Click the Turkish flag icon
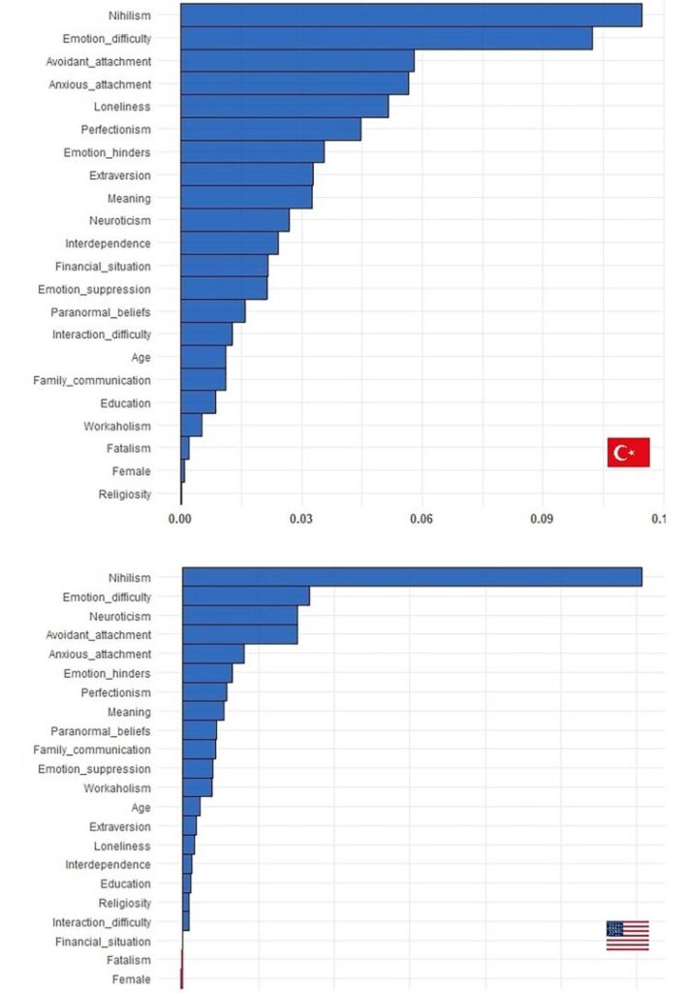tap(628, 452)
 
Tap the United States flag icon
tap(627, 935)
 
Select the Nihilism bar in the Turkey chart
tap(411, 16)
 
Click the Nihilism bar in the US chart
tap(412, 577)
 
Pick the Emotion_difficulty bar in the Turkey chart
tap(386, 39)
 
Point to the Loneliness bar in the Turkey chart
tap(284, 107)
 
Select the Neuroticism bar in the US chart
tap(239, 616)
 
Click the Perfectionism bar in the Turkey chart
tap(270, 129)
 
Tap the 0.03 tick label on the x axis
tap(300, 521)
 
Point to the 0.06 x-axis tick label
tap(421, 521)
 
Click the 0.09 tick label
tap(542, 521)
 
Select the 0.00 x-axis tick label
tap(180, 521)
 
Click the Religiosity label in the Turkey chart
tap(125, 495)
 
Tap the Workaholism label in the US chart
tap(117, 787)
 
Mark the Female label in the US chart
tap(132, 979)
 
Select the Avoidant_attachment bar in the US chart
tap(239, 634)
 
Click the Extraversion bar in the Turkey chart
tap(246, 175)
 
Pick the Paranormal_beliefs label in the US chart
tap(100, 730)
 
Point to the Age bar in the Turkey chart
tap(203, 357)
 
